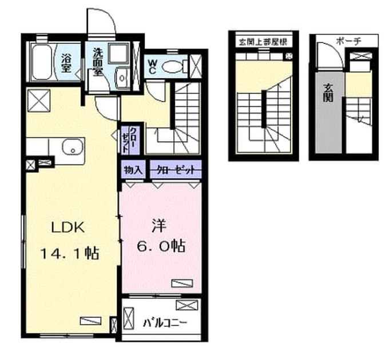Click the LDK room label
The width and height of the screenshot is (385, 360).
click(x=68, y=227)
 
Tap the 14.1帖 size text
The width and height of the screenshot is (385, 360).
click(x=69, y=253)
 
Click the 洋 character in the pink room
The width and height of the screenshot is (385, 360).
click(x=158, y=226)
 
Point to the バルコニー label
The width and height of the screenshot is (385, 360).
click(x=165, y=323)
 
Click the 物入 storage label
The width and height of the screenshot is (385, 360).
click(x=133, y=170)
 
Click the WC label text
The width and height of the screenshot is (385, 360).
click(x=152, y=66)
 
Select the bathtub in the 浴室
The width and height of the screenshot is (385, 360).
click(x=42, y=62)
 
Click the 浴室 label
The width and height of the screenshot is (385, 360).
click(x=66, y=63)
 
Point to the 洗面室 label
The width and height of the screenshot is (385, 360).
click(x=97, y=62)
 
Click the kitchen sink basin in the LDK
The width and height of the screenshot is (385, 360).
click(x=73, y=147)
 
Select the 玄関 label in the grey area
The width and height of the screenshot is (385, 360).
click(x=328, y=93)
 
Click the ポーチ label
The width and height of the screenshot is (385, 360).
click(x=348, y=41)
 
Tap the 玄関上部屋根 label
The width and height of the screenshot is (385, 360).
click(x=263, y=42)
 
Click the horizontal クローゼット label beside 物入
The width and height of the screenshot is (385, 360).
click(x=176, y=170)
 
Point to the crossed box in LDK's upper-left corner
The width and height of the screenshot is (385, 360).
click(x=39, y=101)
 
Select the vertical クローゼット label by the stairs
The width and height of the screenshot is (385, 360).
click(x=130, y=140)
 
